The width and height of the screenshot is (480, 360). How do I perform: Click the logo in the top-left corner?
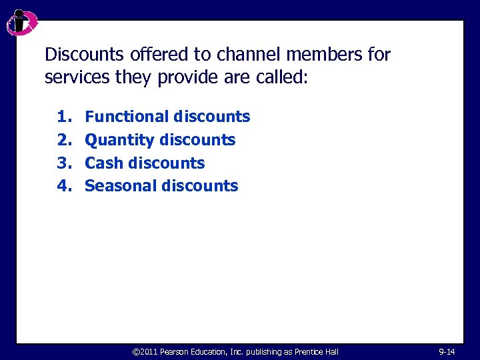point(21,23)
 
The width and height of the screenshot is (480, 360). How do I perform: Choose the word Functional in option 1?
point(127,117)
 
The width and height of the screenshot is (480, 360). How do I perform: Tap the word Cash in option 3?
point(103,163)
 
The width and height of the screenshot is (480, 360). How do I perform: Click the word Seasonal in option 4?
point(121,186)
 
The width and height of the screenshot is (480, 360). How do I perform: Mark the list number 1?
point(64,117)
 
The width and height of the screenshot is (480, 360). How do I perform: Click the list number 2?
point(64,140)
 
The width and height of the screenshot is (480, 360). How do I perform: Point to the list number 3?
point(64,163)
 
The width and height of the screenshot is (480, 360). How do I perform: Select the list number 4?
point(64,186)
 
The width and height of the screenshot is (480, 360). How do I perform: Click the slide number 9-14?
point(447,351)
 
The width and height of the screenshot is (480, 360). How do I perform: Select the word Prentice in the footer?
point(306,351)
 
